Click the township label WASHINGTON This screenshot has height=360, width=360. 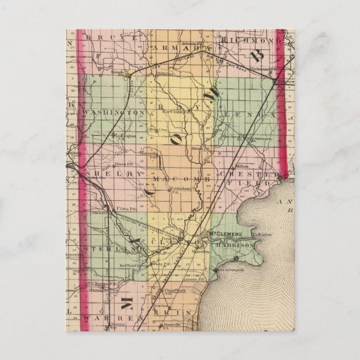[114, 112]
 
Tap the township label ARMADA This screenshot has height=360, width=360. [179, 49]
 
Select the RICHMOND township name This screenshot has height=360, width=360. [249, 41]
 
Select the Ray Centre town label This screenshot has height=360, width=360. [173, 111]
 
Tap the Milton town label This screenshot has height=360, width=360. [241, 165]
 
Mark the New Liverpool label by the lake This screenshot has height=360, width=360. [228, 270]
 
